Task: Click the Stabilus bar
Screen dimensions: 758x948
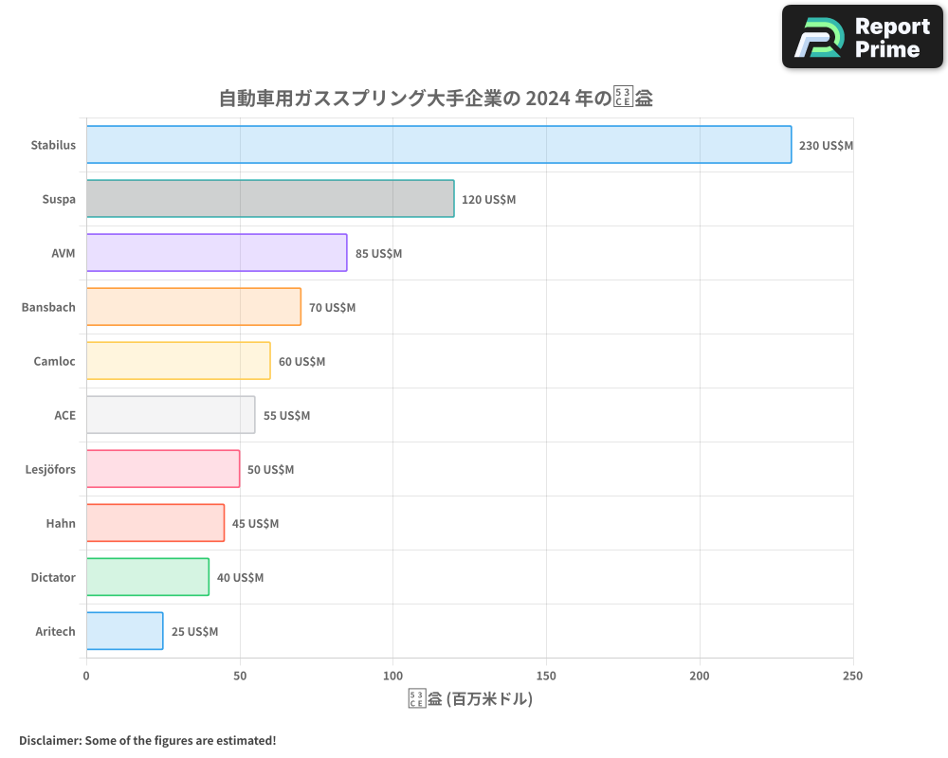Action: [x=438, y=145]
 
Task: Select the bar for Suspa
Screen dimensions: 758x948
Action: [x=270, y=199]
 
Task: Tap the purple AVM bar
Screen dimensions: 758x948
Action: [x=216, y=253]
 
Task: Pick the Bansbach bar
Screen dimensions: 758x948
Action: [x=193, y=307]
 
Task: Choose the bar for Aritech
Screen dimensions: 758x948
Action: [x=124, y=631]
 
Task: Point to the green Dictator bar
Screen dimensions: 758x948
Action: [x=147, y=577]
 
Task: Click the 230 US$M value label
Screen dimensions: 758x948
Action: [x=827, y=146]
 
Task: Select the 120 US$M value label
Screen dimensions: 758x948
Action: [x=489, y=200]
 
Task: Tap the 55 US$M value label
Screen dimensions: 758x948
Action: [x=287, y=416]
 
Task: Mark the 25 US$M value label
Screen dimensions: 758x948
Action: [x=194, y=632]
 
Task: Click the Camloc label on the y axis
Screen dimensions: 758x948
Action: [x=54, y=361]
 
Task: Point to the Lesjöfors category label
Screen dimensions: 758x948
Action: [x=50, y=469]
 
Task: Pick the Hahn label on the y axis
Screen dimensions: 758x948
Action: [x=61, y=523]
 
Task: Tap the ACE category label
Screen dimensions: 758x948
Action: [x=64, y=415]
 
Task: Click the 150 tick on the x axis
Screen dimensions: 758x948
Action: [x=546, y=676]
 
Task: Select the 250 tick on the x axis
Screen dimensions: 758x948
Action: [x=853, y=676]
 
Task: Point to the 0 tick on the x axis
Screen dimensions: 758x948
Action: [x=86, y=676]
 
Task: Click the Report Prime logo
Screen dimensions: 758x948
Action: [x=863, y=37]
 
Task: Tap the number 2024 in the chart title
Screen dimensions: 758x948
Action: [x=548, y=99]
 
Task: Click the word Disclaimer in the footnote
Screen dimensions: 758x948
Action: [x=49, y=740]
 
